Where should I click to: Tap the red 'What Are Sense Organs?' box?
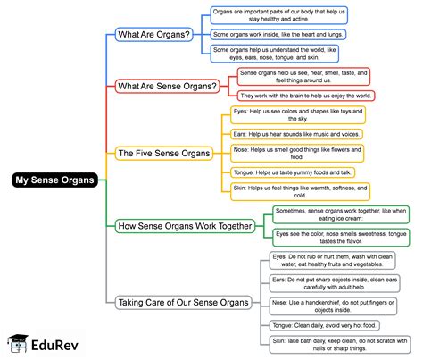click(168, 86)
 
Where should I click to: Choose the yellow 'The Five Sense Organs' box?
click(164, 153)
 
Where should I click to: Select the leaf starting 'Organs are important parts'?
click(278, 14)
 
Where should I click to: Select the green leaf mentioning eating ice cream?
click(340, 214)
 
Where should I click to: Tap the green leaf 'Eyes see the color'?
click(340, 237)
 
